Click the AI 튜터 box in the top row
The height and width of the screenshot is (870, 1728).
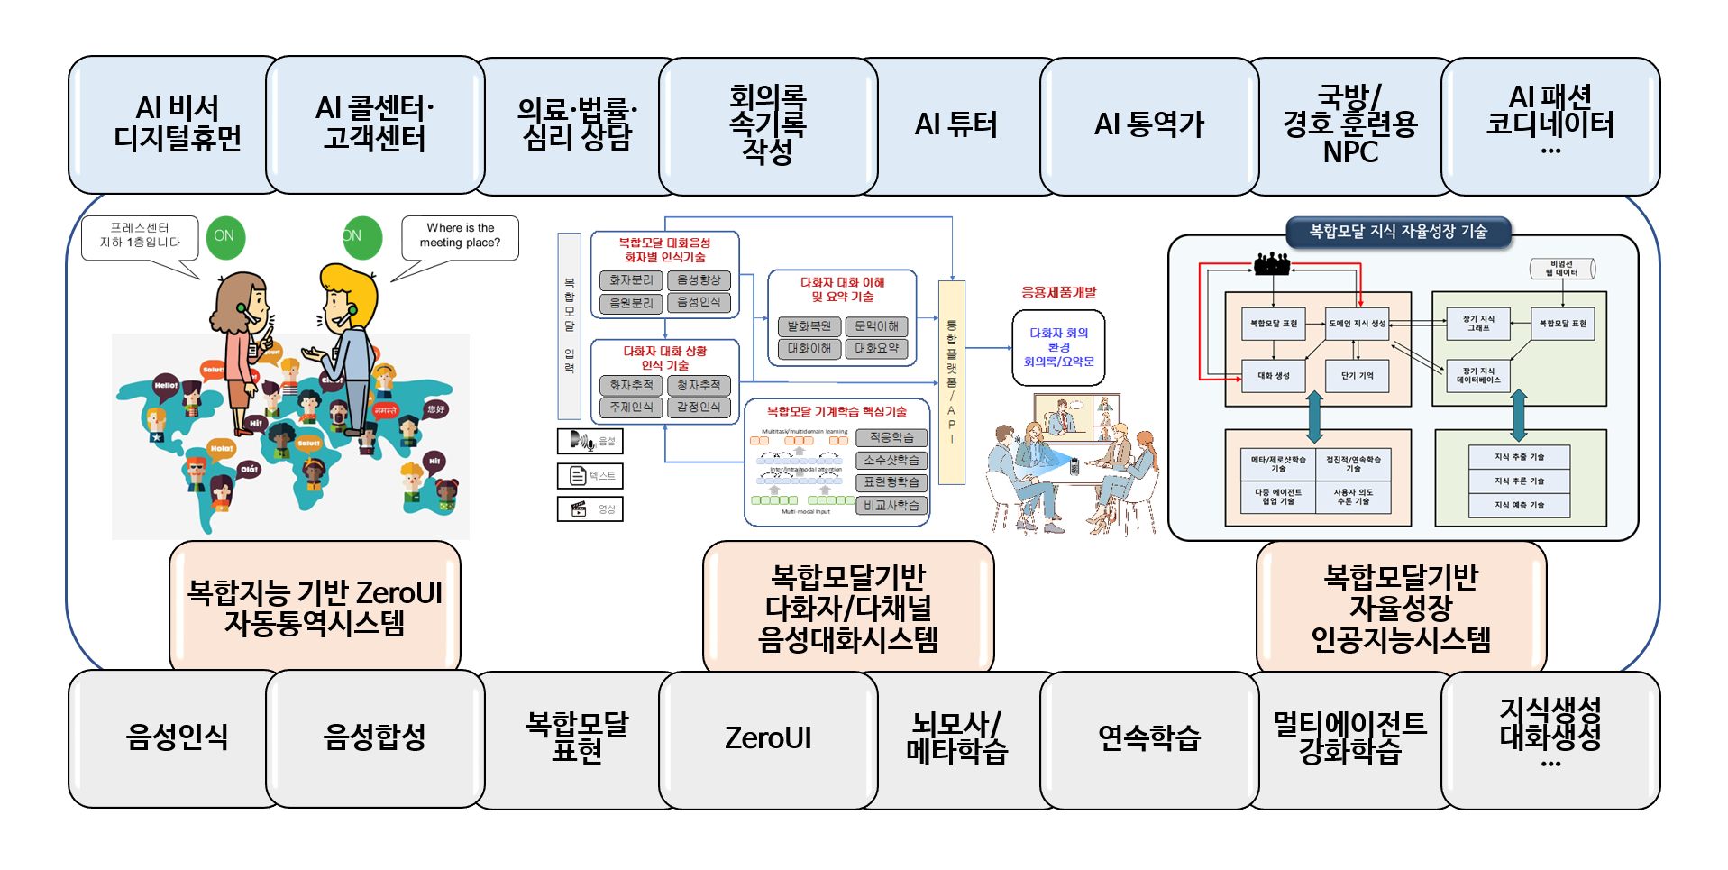tap(957, 125)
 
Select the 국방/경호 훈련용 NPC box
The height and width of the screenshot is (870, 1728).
tap(1349, 125)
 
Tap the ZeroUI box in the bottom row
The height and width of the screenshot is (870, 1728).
tap(768, 738)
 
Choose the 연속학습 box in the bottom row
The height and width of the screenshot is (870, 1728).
tap(1149, 738)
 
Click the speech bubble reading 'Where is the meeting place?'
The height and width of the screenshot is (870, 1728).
tap(460, 236)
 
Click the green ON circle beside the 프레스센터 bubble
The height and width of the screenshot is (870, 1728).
tap(224, 236)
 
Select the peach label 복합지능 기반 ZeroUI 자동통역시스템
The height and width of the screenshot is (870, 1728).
tap(315, 607)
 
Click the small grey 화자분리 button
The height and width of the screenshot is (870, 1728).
tap(631, 280)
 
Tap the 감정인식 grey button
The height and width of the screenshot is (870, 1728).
tap(699, 408)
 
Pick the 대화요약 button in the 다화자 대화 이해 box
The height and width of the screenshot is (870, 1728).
tap(877, 348)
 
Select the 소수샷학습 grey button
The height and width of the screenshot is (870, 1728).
tap(891, 460)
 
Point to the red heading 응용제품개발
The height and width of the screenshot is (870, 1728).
tap(1058, 292)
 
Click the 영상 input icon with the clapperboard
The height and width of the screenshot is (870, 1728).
tap(590, 509)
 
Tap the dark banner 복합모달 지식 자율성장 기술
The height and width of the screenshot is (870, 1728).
tap(1397, 232)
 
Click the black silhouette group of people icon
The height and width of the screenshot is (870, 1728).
tap(1272, 263)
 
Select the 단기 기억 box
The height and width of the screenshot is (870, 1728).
tap(1357, 376)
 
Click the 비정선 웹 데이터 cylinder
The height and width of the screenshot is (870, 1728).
tap(1562, 269)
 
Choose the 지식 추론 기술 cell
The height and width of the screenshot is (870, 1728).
tap(1519, 481)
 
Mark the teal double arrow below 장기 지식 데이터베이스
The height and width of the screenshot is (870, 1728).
tap(1519, 415)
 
